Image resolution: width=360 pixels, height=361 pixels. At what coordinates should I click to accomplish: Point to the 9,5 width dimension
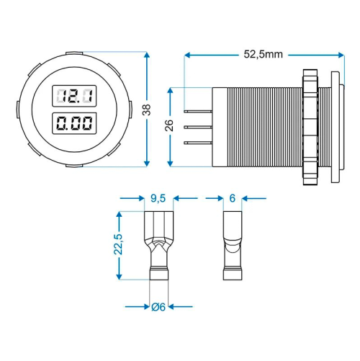(158, 197)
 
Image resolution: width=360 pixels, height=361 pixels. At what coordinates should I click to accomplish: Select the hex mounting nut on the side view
(310, 126)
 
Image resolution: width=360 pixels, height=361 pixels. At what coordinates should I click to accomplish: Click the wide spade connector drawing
(158, 245)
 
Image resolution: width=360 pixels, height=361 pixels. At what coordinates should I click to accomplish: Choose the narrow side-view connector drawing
(233, 245)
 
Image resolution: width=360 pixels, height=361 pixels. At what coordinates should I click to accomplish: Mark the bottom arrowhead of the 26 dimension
(170, 161)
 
